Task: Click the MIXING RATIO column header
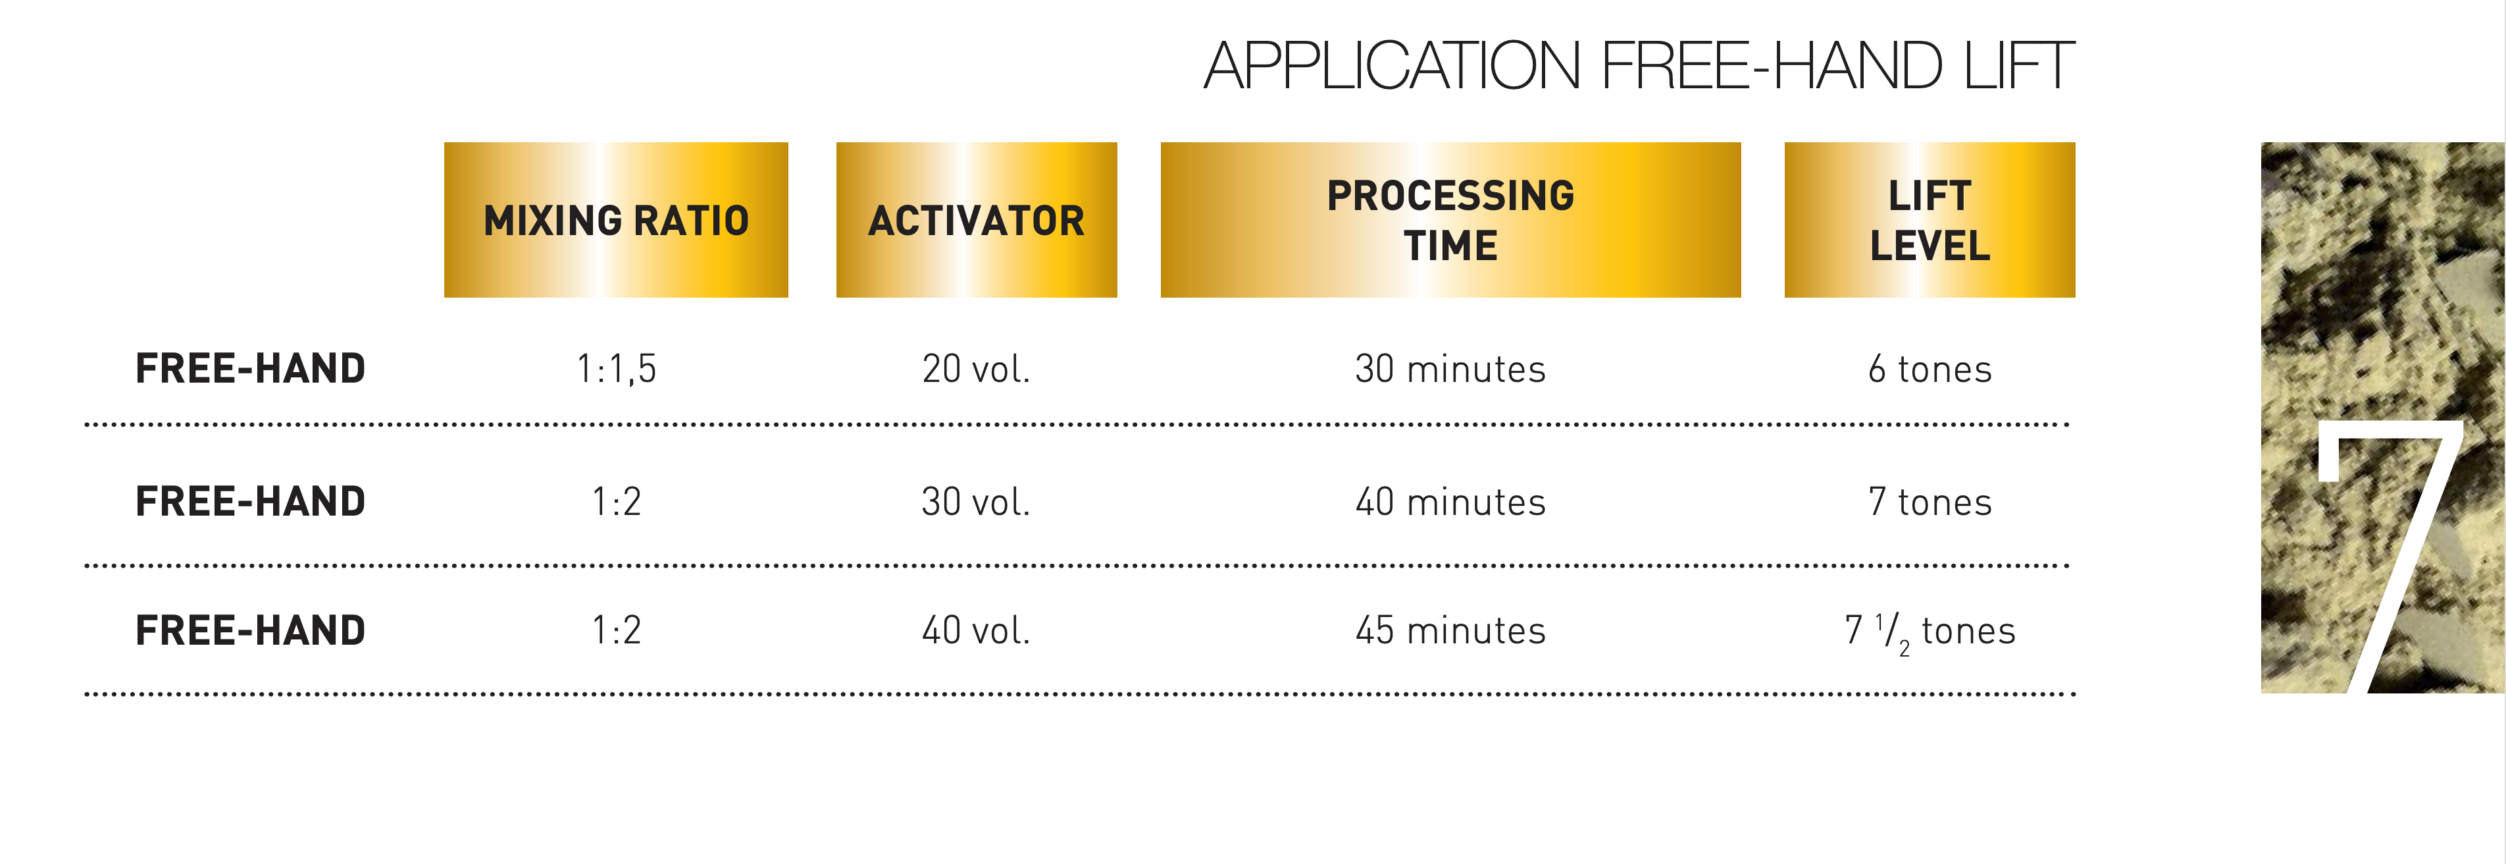click(x=616, y=220)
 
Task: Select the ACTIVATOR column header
click(x=976, y=220)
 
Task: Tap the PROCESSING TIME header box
click(x=1450, y=220)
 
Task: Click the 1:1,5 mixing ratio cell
click(x=617, y=369)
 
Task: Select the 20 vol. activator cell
click(x=976, y=369)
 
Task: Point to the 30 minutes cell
click(x=1450, y=369)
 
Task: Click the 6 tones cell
click(x=1930, y=369)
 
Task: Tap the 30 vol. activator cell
click(x=976, y=501)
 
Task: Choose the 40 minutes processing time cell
click(x=1450, y=501)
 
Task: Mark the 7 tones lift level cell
click(x=1930, y=501)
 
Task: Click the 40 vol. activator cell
click(x=976, y=630)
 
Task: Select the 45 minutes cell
click(x=1450, y=630)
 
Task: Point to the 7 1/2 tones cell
click(x=1930, y=632)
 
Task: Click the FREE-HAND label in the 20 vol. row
click(x=250, y=369)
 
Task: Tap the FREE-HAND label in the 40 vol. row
click(x=250, y=630)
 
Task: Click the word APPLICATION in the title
click(x=1392, y=65)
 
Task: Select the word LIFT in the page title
click(x=2018, y=65)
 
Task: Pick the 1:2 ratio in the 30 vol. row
click(x=617, y=501)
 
